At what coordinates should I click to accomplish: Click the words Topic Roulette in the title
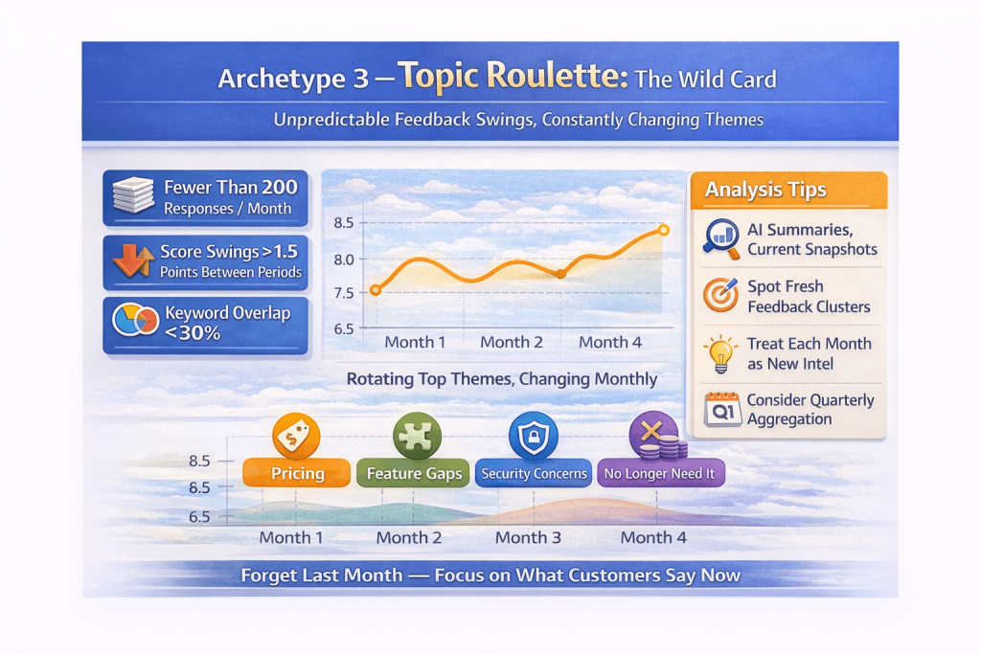point(513,77)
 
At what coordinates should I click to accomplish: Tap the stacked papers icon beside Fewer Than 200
point(132,195)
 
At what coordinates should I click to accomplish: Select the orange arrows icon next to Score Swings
point(133,260)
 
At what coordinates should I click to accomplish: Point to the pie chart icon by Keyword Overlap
point(134,321)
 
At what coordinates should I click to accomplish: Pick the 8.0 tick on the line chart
point(344,259)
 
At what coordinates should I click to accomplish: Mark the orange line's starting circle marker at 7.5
point(376,290)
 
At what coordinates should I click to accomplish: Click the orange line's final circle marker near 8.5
point(664,230)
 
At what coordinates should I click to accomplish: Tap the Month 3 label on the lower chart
point(528,537)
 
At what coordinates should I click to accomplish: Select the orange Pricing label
point(297,473)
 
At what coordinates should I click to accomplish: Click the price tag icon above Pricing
point(296,437)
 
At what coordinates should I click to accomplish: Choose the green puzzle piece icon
point(417,437)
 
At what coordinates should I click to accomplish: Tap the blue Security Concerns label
point(534,473)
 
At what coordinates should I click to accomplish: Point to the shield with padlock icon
point(531,438)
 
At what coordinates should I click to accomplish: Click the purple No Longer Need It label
point(660,473)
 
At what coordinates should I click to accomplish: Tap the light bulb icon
point(719,353)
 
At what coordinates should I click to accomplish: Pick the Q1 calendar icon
point(720,410)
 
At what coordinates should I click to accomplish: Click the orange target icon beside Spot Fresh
point(720,296)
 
